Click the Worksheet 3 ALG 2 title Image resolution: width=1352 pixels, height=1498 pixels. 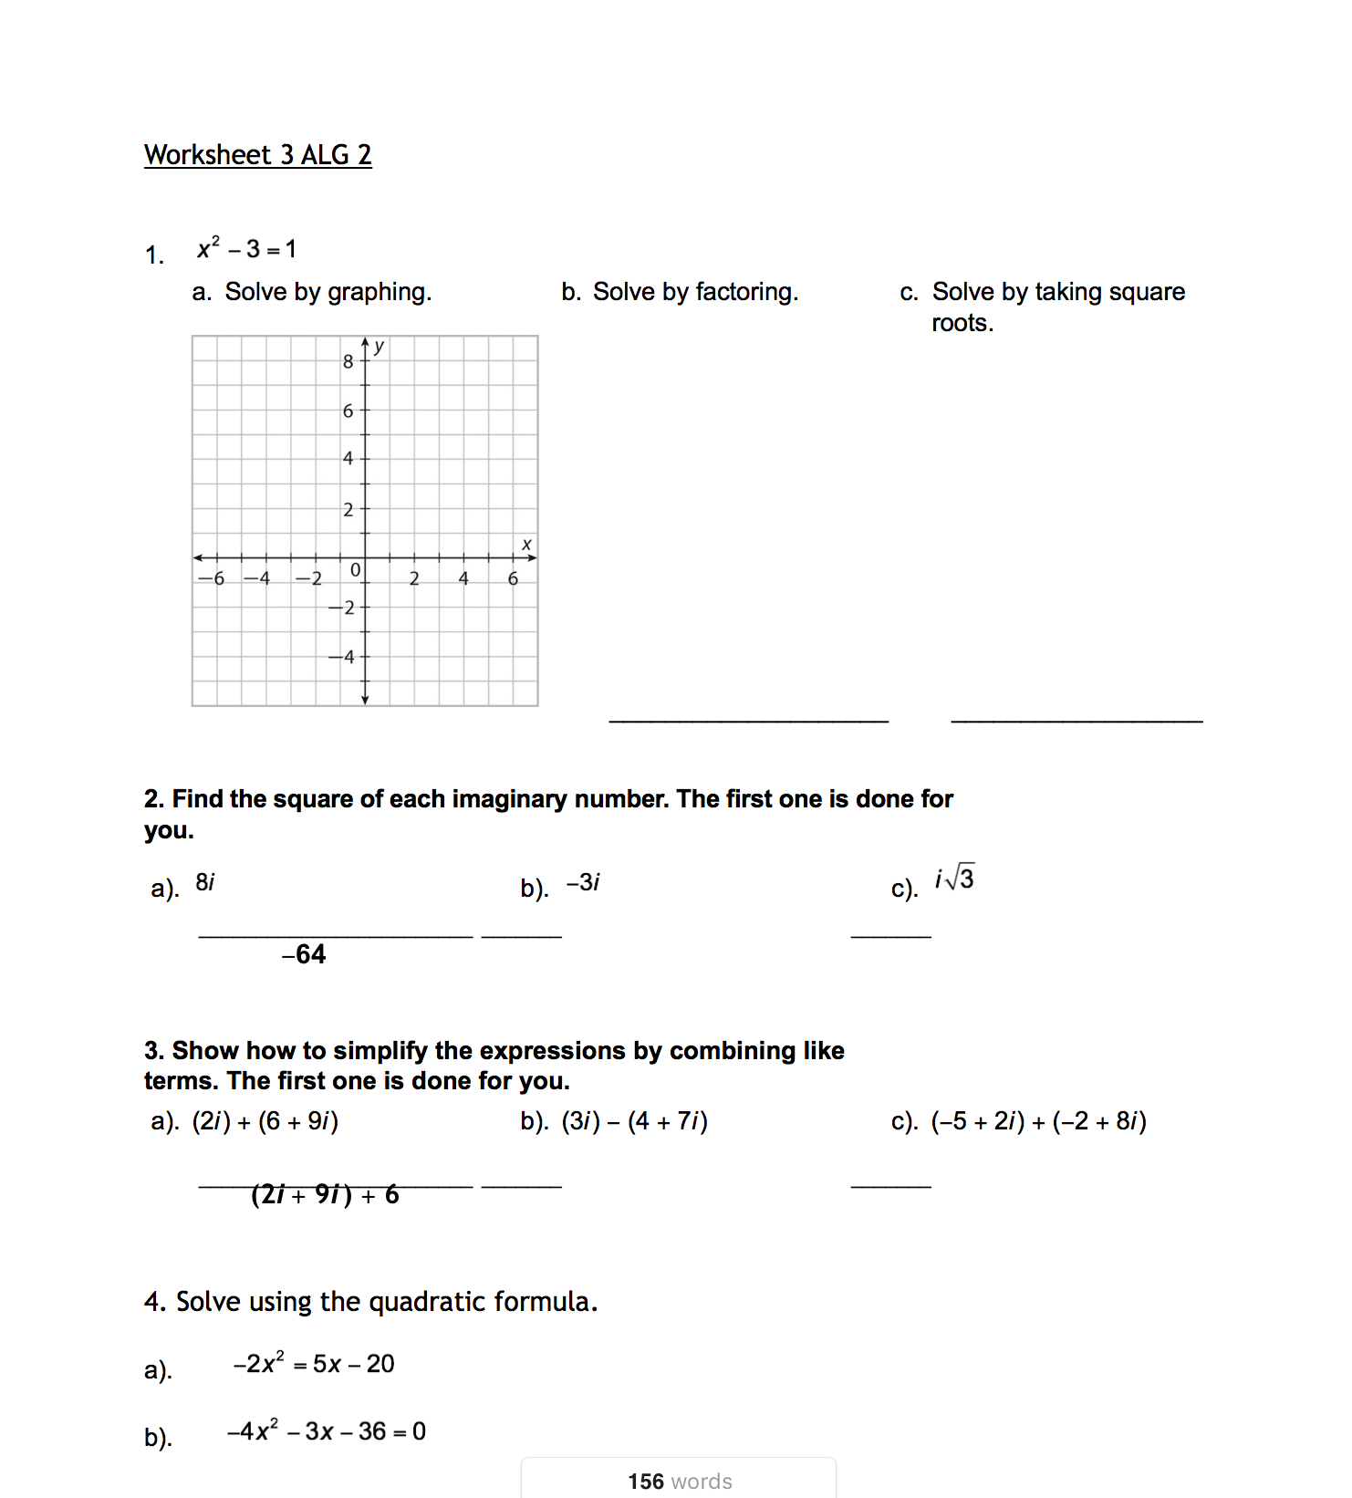pos(257,155)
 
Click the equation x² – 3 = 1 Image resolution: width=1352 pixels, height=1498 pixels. pos(246,249)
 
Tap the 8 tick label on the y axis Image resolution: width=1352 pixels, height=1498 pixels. pos(348,361)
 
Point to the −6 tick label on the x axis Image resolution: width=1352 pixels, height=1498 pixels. pos(212,578)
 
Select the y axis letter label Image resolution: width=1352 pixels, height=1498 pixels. pos(380,347)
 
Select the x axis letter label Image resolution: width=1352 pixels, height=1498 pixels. pos(526,545)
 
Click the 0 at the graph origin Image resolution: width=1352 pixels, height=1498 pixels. pos(356,570)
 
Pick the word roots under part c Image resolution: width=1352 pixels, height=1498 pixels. pos(962,323)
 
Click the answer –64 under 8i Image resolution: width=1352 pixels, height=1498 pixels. pos(304,954)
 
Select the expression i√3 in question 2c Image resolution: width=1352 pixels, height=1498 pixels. pos(954,879)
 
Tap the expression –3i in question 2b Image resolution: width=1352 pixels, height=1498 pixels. pos(583,883)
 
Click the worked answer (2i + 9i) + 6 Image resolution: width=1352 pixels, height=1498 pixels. pos(325,1194)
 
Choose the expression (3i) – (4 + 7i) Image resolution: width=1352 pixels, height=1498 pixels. pos(634,1121)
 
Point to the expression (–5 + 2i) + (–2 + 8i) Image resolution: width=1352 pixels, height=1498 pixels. pos(1038,1121)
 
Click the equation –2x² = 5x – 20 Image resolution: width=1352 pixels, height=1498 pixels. pos(313,1364)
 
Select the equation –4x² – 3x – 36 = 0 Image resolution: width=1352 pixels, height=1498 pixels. pos(327,1431)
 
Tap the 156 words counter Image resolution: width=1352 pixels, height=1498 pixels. pos(680,1482)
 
